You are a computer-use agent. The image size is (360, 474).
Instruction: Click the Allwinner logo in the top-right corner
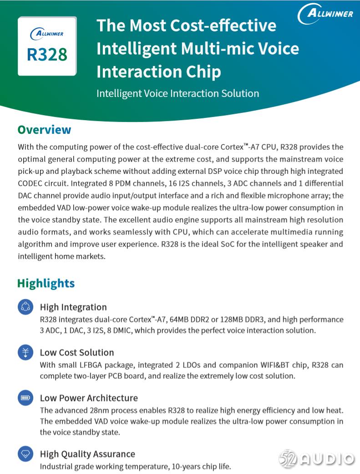[x=325, y=14]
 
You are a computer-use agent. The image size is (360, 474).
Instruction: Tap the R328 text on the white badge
[x=47, y=55]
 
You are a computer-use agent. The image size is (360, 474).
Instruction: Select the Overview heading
[x=44, y=130]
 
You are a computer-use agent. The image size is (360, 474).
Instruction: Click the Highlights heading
[x=46, y=283]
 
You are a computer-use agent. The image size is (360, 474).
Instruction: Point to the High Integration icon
[x=25, y=306]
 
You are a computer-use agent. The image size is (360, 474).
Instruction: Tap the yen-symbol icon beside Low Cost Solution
[x=25, y=352]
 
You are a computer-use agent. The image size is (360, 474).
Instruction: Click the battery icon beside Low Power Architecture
[x=25, y=398]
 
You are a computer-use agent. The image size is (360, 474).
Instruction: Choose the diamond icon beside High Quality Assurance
[x=25, y=454]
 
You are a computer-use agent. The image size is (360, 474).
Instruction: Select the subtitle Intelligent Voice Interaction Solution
[x=177, y=93]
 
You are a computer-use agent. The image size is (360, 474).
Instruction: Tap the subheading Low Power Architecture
[x=89, y=398]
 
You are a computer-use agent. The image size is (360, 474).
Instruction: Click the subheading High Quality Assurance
[x=87, y=454]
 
